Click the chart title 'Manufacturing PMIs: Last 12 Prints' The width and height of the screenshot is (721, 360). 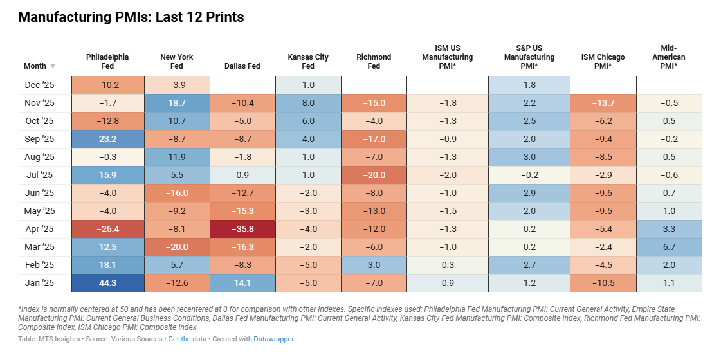[131, 17]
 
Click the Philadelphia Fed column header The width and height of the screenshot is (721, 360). [107, 61]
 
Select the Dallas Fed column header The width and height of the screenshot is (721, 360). [242, 66]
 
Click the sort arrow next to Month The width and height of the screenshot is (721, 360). [53, 66]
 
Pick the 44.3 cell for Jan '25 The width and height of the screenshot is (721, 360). [107, 282]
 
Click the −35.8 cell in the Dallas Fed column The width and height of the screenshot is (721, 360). [242, 228]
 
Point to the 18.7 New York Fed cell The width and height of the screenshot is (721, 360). [177, 102]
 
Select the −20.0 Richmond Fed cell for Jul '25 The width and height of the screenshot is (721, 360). [374, 174]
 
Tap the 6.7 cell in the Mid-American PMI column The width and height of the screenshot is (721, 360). [668, 246]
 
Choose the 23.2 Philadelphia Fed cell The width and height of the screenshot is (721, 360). [107, 138]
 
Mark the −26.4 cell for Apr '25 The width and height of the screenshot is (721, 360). [107, 228]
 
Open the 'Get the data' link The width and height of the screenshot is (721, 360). [187, 339]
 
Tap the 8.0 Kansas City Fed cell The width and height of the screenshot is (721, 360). [307, 102]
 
